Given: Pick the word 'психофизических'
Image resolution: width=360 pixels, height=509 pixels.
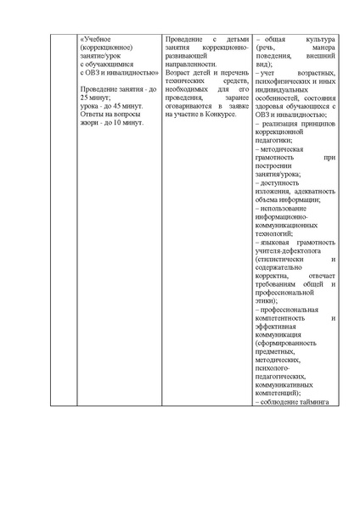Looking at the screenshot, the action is coord(284,81).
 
